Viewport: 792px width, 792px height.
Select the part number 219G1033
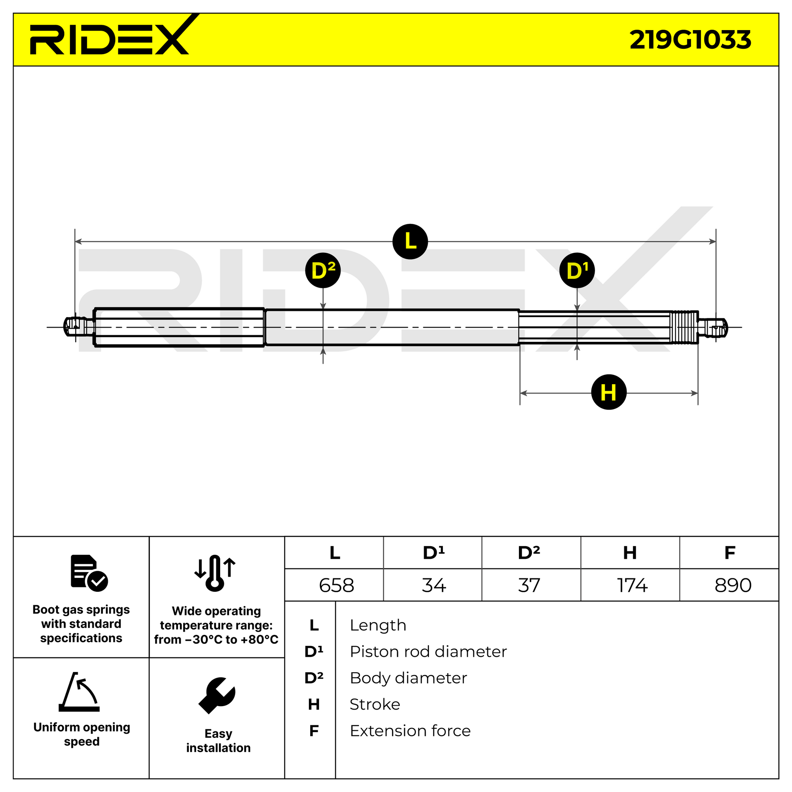[690, 40]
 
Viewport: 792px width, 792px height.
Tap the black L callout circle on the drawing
[410, 241]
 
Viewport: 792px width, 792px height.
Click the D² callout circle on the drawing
[323, 271]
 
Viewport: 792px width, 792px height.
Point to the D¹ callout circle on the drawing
[577, 271]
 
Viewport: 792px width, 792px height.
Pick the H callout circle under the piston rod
[609, 392]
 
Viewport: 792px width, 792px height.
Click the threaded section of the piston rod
[683, 328]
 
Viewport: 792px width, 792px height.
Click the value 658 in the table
[337, 585]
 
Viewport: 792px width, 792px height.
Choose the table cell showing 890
[733, 585]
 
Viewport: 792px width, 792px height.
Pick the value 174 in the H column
[632, 585]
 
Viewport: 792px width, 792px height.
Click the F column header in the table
[730, 553]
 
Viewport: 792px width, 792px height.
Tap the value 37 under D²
[529, 585]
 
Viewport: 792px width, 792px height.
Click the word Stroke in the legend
[375, 704]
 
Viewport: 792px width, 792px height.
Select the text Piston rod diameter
[428, 652]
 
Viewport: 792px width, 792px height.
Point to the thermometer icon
[215, 573]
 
